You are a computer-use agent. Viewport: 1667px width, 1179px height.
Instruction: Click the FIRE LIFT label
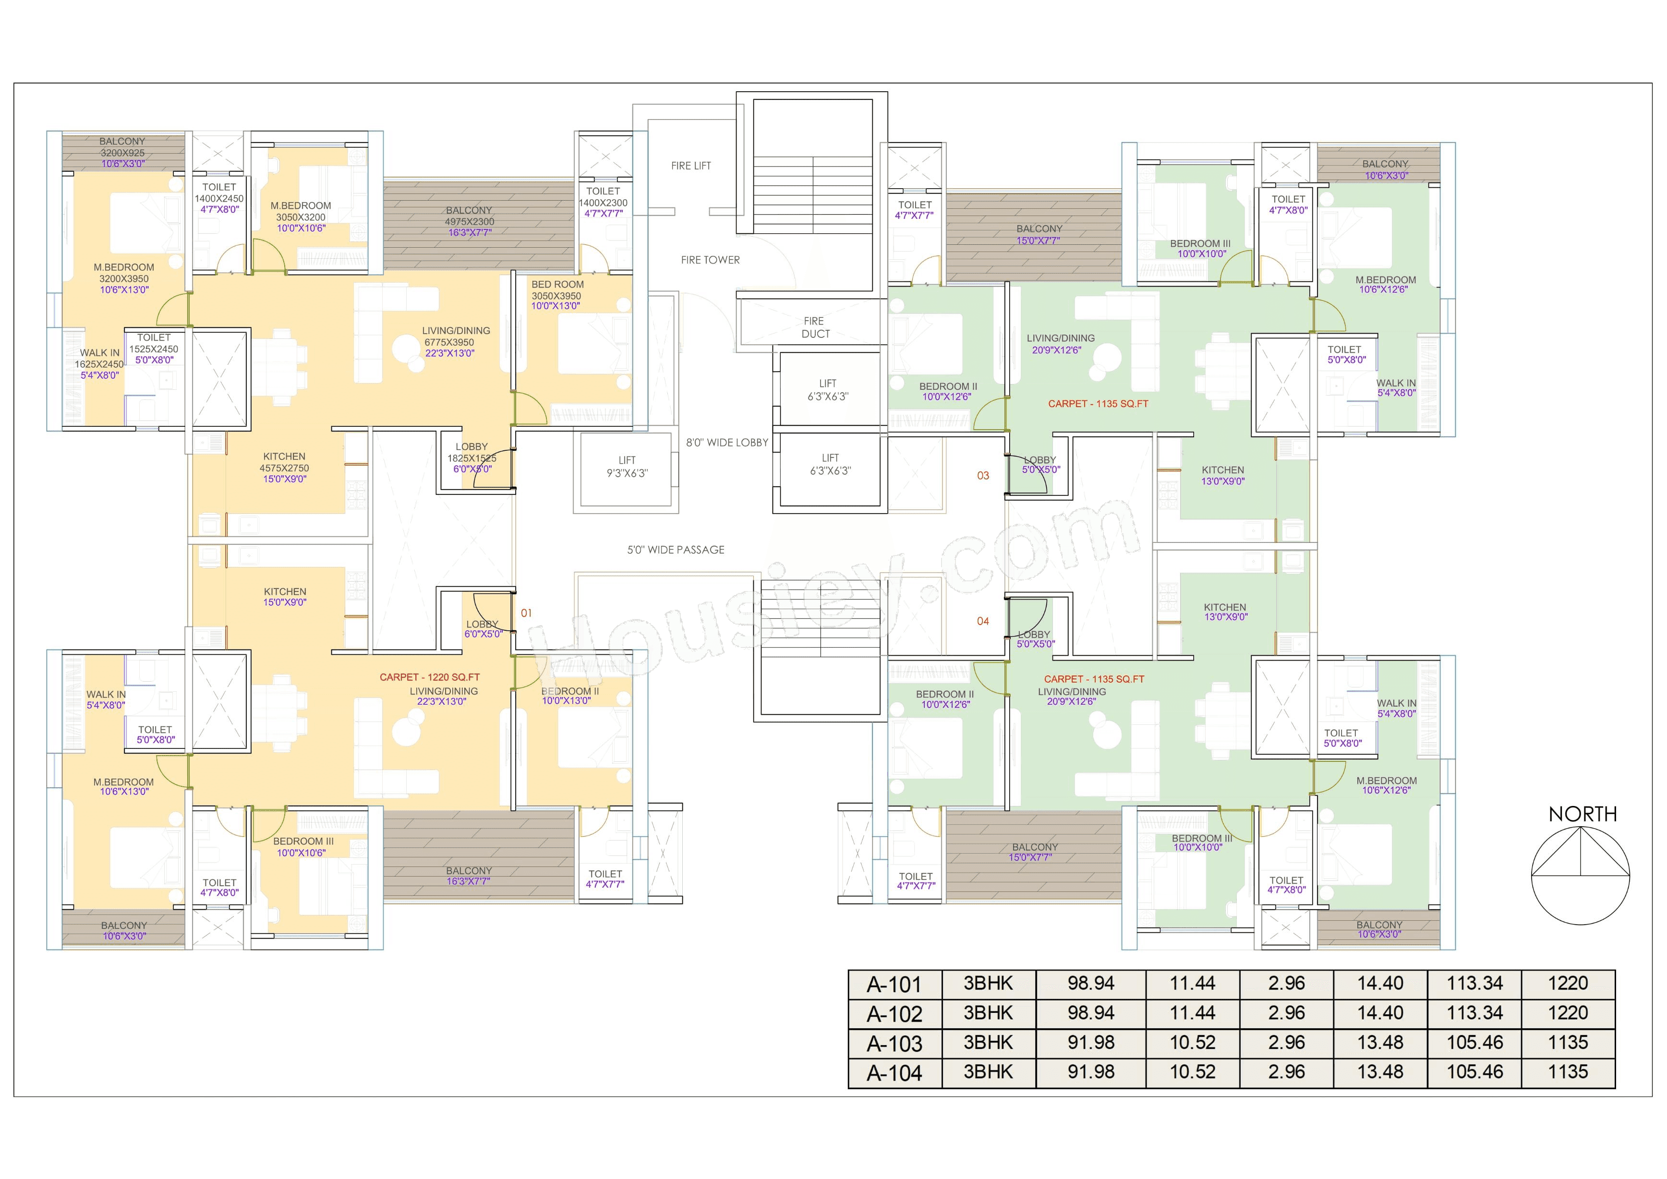coord(690,166)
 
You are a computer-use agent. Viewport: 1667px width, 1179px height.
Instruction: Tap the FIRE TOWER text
coord(710,260)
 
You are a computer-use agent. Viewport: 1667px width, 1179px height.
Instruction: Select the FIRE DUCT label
coord(815,327)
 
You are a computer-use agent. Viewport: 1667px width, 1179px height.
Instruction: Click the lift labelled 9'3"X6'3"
coord(627,467)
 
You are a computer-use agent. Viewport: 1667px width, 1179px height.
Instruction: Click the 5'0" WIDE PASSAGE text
coord(675,550)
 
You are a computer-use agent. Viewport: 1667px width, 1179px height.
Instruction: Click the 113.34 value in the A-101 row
coord(1474,984)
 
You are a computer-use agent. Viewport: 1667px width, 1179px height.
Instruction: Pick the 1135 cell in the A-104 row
coord(1568,1072)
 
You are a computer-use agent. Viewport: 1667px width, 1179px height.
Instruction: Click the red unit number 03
coord(982,476)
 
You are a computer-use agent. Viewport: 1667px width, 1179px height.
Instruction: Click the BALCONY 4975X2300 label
coord(469,221)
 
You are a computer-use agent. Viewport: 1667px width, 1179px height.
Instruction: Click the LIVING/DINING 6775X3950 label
coord(455,342)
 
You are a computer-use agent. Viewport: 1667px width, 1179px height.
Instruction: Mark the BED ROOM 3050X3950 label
coord(557,295)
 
